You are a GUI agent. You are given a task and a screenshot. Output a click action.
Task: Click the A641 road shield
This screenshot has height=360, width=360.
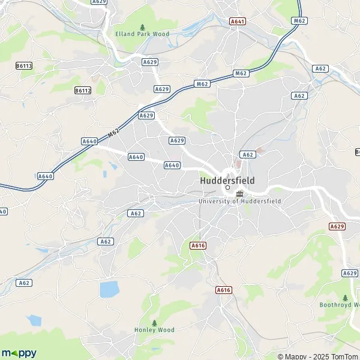pos(238,21)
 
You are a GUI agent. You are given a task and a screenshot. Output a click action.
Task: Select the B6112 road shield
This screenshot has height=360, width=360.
pos(83,90)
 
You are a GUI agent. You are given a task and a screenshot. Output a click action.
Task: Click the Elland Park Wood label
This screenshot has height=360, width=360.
pos(142,34)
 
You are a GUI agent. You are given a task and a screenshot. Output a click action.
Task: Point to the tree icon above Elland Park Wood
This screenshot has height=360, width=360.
pos(142,26)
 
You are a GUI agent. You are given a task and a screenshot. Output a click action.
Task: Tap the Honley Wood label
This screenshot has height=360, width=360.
pos(154,330)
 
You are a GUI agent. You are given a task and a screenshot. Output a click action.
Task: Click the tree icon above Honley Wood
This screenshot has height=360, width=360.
pos(154,322)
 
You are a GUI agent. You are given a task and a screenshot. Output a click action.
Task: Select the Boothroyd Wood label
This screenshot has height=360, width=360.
pos(340,305)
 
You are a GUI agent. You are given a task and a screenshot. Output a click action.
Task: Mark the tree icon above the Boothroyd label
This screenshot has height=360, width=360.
pos(345,297)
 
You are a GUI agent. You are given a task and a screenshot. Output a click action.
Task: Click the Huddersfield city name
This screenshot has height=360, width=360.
pos(227,180)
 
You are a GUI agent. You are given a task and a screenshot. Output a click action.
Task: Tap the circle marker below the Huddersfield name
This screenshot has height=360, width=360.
pos(227,188)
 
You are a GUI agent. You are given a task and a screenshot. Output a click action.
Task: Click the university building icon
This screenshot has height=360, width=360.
pos(240,193)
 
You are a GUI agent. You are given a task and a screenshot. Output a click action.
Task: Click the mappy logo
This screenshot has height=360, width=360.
pos(19,352)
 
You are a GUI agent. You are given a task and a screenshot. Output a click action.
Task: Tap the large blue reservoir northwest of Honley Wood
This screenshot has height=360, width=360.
pos(109,289)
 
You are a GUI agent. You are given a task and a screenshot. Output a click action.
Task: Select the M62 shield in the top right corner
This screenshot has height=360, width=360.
pos(299,21)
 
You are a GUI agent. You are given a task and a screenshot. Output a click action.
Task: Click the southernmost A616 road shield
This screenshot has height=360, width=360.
pos(223,290)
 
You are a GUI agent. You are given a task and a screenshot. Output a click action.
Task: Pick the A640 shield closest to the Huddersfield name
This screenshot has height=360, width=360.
pos(172,165)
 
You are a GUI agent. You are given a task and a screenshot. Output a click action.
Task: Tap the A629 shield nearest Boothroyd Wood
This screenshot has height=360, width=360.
pos(350,273)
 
